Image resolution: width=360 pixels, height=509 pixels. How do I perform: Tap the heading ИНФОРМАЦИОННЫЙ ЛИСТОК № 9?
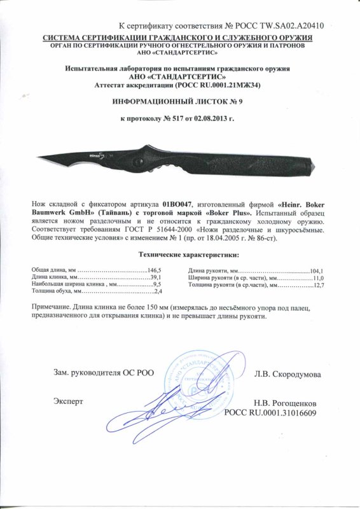[180, 102]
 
